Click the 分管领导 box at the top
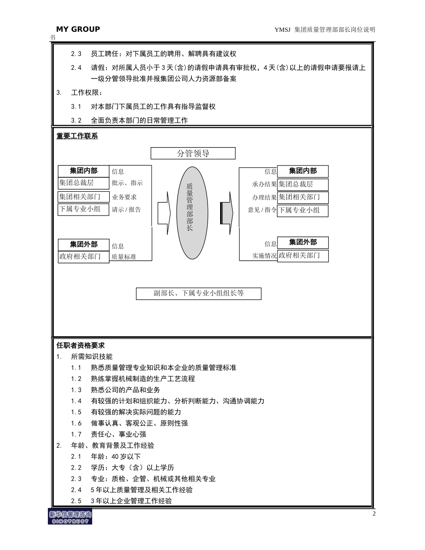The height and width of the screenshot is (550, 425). point(193,153)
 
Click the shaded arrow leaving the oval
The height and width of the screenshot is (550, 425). point(226,213)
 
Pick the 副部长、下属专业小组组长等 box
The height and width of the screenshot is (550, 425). point(199,294)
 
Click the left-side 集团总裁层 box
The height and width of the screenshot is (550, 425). point(84,183)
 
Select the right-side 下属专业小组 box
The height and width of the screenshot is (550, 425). point(303,210)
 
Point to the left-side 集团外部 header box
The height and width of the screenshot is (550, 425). point(84,245)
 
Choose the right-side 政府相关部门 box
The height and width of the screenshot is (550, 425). point(303,256)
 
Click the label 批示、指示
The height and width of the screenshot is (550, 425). point(127,183)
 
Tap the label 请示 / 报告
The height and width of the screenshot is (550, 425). point(126,209)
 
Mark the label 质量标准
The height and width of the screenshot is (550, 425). point(124,257)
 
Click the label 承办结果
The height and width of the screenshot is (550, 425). point(264,184)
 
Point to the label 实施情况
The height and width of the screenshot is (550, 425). point(264,256)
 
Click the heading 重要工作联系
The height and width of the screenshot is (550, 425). point(77,136)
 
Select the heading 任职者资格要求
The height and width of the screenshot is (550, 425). point(81,346)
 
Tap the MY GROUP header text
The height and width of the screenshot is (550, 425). point(78,29)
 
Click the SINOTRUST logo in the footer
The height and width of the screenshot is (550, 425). point(70,516)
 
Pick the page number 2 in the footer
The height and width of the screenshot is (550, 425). point(374,513)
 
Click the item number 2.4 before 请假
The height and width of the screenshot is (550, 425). point(76,68)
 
